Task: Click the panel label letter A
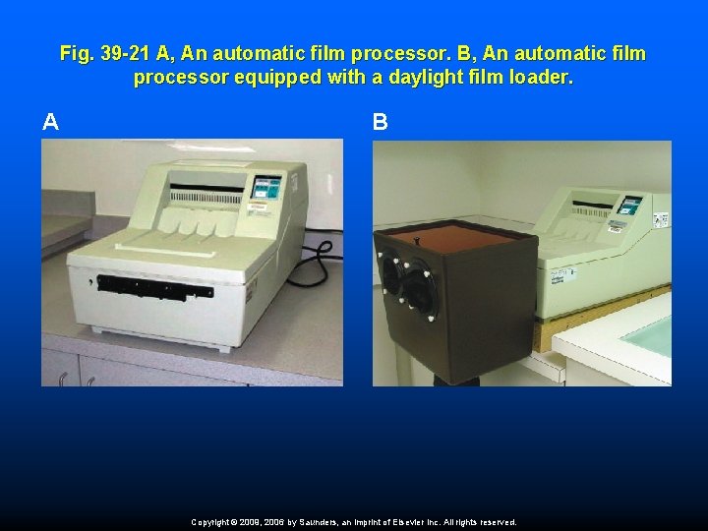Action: [50, 122]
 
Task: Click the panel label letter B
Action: [381, 122]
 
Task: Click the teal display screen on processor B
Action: [629, 206]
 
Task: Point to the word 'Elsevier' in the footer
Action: [409, 522]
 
